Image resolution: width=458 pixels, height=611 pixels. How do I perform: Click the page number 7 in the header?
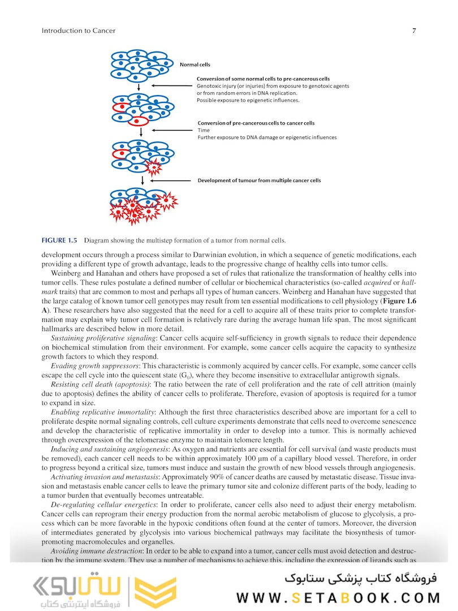tap(414, 31)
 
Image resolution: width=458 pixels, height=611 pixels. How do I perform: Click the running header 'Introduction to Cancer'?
tap(79, 31)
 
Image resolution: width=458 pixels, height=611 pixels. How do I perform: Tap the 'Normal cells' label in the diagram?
tap(195, 64)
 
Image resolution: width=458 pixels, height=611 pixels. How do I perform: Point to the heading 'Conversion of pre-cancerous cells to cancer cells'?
tap(256, 123)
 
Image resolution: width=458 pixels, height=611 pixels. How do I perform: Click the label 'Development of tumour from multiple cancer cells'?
tap(259, 180)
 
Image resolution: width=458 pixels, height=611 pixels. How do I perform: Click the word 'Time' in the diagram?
tap(204, 130)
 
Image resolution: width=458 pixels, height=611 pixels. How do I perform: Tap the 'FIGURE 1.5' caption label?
tap(59, 239)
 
